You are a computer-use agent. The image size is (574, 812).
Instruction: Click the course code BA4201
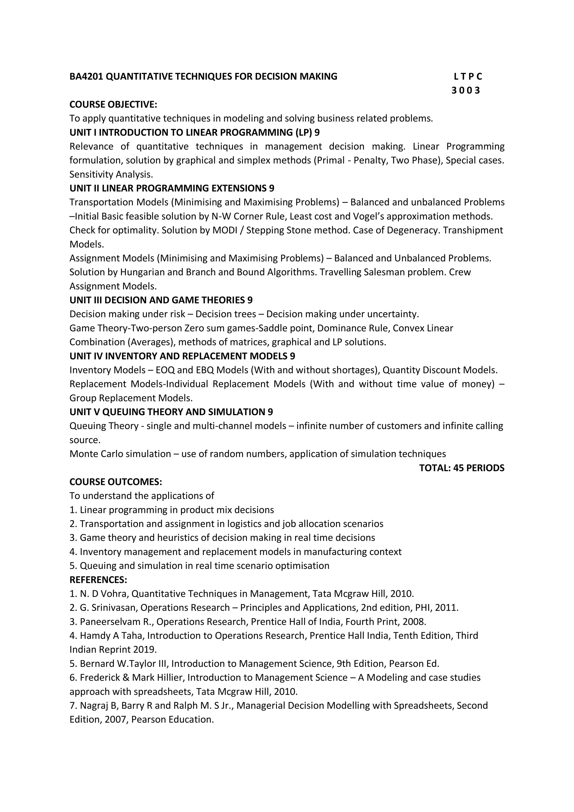click(86, 77)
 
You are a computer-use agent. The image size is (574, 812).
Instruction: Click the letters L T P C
click(467, 77)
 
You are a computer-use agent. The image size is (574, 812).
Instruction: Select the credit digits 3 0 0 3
click(466, 91)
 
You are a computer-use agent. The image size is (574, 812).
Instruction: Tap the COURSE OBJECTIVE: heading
click(113, 104)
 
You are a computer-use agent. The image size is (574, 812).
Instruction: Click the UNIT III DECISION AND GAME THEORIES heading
click(161, 300)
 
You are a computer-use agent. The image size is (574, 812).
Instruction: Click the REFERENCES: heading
click(98, 580)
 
